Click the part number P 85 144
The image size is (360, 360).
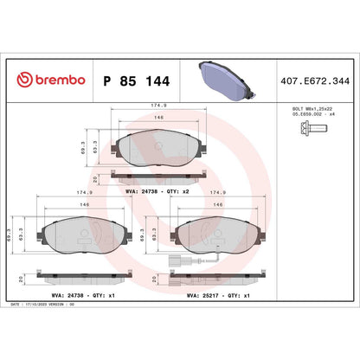click(x=134, y=80)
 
